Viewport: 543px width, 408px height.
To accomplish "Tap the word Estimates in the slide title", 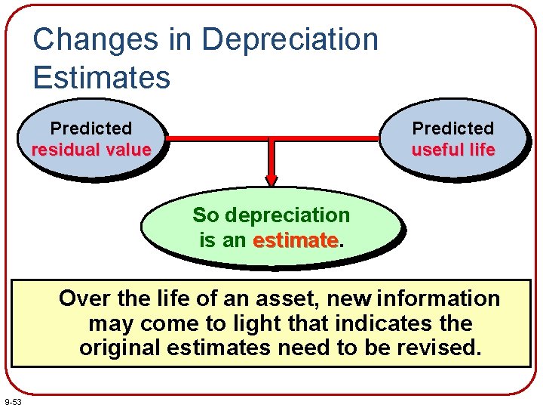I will (x=102, y=76).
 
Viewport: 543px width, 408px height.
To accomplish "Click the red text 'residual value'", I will (x=91, y=150).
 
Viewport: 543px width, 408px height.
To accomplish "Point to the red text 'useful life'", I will (x=452, y=150).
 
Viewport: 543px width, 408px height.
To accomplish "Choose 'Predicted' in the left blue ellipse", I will (x=91, y=128).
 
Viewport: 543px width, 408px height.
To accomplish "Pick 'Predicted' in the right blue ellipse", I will (x=452, y=128).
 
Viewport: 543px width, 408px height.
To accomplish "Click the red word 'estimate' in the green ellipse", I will (x=295, y=241).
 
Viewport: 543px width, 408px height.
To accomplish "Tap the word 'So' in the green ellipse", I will (x=205, y=215).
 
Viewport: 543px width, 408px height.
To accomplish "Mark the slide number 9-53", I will (x=13, y=400).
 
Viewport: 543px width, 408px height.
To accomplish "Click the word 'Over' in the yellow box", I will (x=84, y=299).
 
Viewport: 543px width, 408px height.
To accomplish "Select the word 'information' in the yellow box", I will (x=438, y=299).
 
